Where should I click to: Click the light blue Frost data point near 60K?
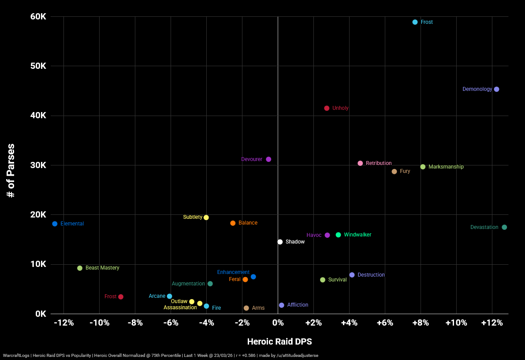(415, 22)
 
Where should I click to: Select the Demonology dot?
(496, 89)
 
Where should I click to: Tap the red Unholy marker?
(327, 108)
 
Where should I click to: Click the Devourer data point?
(268, 159)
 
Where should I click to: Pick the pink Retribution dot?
(360, 163)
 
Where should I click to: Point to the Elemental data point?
(55, 224)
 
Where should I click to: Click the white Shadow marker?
(280, 242)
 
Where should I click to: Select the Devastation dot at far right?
(504, 227)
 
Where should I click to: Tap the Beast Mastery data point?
(80, 268)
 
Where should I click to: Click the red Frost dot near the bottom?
(121, 297)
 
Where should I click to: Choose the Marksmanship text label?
(446, 167)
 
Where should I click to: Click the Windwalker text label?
(357, 235)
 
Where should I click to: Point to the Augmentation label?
(188, 284)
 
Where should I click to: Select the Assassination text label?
(180, 307)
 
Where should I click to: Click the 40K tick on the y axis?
(37, 116)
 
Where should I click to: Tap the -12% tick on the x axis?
(63, 323)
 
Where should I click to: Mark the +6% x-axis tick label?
(384, 323)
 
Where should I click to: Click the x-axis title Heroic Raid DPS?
(279, 341)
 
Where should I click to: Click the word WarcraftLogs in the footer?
(16, 356)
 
